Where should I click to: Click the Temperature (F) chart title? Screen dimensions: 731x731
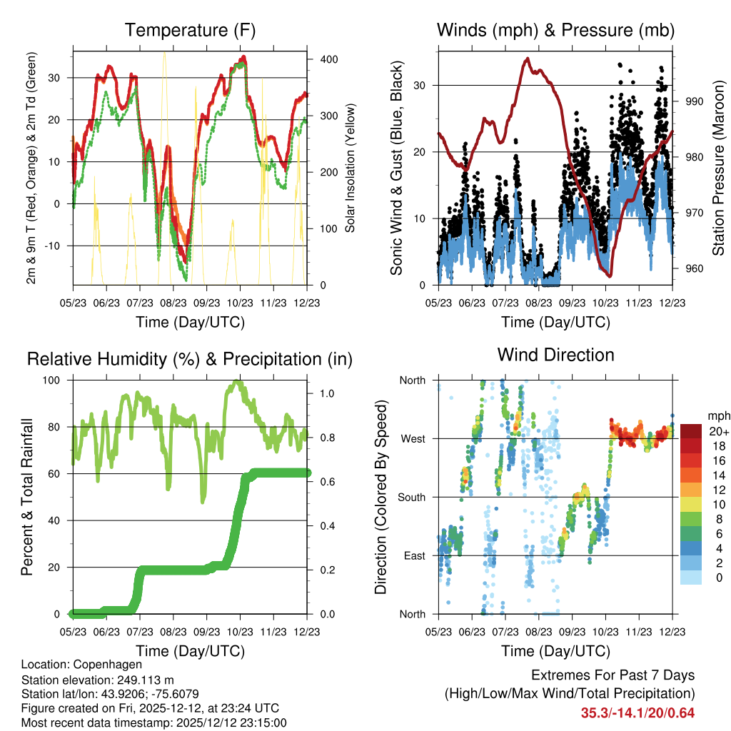pos(190,30)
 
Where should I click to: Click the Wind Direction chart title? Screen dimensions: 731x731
pos(555,355)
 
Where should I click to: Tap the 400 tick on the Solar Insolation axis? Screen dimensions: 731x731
pos(329,59)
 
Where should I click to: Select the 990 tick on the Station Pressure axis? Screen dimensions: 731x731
pos(694,101)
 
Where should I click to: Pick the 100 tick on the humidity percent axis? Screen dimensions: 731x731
pos(51,380)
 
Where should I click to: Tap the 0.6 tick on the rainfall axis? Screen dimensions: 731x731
pos(327,482)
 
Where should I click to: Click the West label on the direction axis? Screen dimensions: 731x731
pos(413,439)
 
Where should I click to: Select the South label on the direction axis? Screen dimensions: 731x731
pos(412,498)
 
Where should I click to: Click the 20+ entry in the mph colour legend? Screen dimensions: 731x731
pos(720,431)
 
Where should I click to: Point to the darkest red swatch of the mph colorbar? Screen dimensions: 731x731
pos(691,431)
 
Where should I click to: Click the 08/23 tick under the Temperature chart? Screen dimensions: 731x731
pos(173,303)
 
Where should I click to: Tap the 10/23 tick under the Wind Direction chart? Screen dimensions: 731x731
pos(605,632)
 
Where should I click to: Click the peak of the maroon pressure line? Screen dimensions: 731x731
pos(528,59)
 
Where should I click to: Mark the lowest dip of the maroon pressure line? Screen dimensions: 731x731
pos(610,276)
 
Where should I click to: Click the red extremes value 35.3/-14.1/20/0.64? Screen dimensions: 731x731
pos(637,713)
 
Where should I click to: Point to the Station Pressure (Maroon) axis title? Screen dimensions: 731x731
pos(718,168)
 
